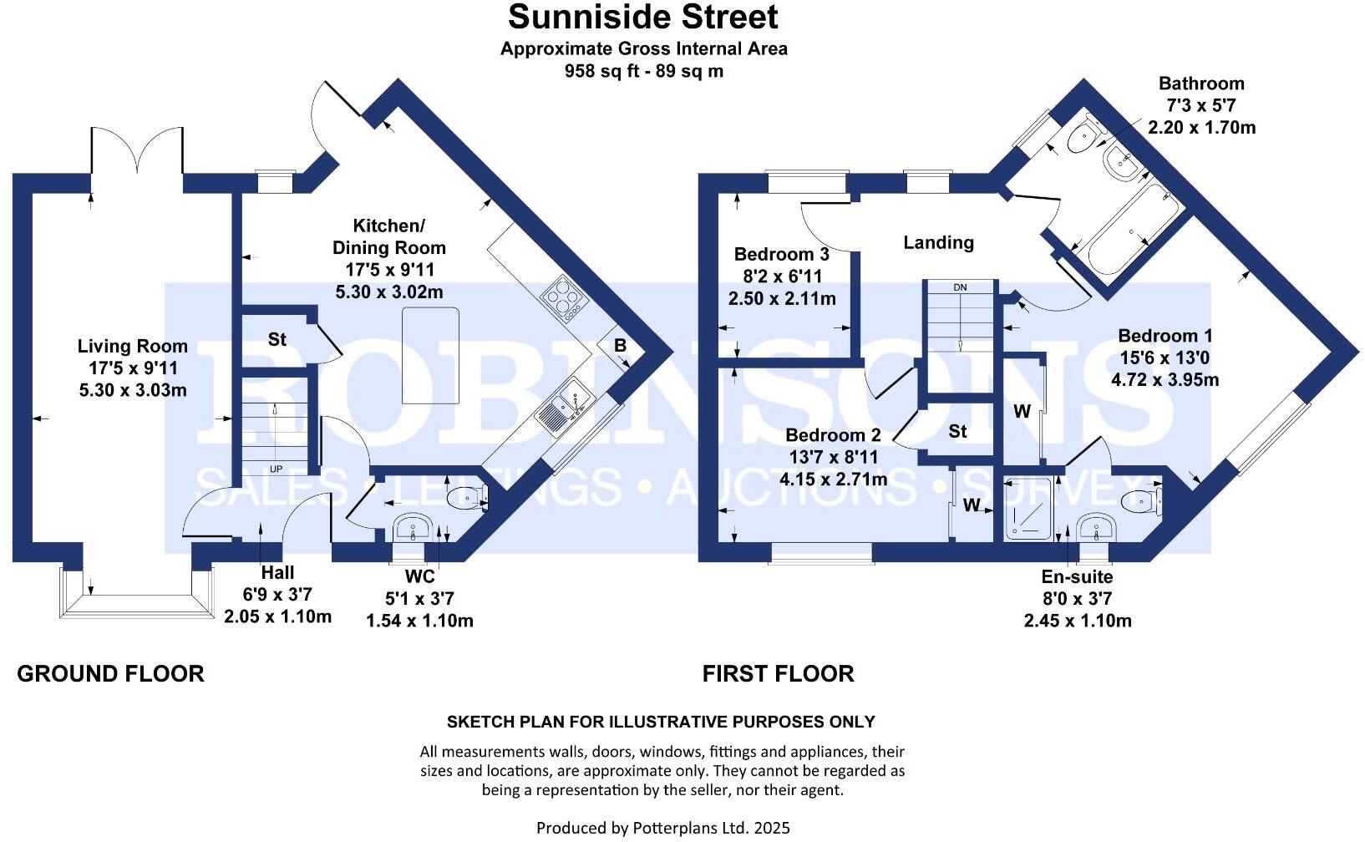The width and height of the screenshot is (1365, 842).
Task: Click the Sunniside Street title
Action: (x=642, y=17)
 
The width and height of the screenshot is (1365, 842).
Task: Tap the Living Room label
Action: (x=132, y=346)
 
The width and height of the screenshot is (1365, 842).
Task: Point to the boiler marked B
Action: (x=621, y=346)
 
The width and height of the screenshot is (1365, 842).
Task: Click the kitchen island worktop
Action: (x=430, y=354)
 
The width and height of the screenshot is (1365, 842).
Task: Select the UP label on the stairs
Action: (x=276, y=469)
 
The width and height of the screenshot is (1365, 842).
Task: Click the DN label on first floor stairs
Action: (x=960, y=287)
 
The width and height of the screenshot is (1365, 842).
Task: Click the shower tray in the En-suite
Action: (x=1027, y=507)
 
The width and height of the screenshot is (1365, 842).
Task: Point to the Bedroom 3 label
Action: (x=781, y=254)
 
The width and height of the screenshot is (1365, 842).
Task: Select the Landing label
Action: (x=938, y=242)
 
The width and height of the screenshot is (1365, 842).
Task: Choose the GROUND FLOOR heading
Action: (x=110, y=674)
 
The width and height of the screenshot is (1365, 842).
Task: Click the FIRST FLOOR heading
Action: (x=778, y=674)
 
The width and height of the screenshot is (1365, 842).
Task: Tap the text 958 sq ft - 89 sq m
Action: (x=643, y=71)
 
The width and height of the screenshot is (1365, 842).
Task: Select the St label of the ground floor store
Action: (x=277, y=339)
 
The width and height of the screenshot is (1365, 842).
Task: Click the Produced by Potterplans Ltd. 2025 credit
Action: (x=662, y=828)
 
